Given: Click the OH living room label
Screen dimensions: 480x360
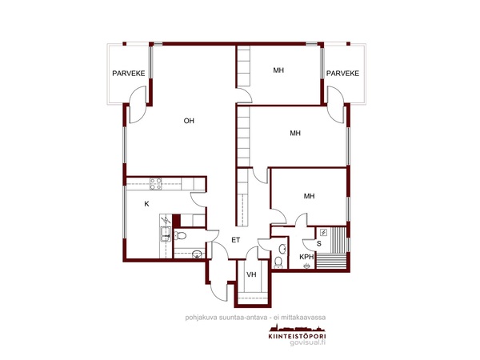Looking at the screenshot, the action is pyautogui.click(x=189, y=121).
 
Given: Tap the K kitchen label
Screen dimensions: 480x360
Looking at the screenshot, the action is pyautogui.click(x=146, y=204).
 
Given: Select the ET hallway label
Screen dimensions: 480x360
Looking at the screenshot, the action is pyautogui.click(x=236, y=240).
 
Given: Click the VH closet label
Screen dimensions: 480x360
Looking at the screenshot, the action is pyautogui.click(x=251, y=274).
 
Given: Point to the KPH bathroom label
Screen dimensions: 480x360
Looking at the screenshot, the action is pyautogui.click(x=306, y=257).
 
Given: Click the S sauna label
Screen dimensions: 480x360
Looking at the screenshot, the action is pyautogui.click(x=319, y=244).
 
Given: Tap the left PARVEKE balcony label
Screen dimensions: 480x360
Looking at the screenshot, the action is pyautogui.click(x=129, y=74).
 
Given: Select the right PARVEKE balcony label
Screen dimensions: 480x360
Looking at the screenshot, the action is pyautogui.click(x=342, y=74).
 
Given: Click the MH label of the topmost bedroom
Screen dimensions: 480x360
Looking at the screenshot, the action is pyautogui.click(x=278, y=70).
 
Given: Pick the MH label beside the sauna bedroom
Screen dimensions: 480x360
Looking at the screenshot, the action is pyautogui.click(x=309, y=196).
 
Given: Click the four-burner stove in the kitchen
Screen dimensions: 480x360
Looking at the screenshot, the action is pyautogui.click(x=155, y=184).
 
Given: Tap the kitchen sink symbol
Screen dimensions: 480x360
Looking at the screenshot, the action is pyautogui.click(x=166, y=234).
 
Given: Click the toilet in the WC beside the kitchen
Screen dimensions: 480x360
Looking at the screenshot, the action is pyautogui.click(x=181, y=235).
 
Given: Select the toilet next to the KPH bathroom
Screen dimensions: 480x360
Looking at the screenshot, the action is pyautogui.click(x=278, y=262).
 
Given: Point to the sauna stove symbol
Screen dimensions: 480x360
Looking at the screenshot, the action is pyautogui.click(x=323, y=233).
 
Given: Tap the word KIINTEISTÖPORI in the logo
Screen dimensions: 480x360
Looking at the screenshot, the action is pyautogui.click(x=297, y=336).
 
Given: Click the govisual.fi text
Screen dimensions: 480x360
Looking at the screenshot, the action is pyautogui.click(x=308, y=343).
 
